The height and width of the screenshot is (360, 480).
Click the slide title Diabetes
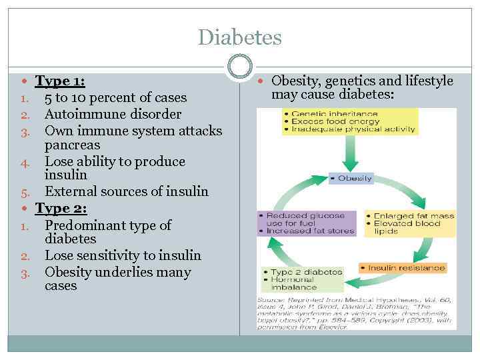(240, 37)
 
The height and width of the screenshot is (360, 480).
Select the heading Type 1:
(60, 81)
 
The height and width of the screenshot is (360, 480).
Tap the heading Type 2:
(61, 208)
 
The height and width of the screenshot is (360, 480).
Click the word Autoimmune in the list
(79, 114)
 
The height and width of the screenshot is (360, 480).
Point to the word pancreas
(72, 145)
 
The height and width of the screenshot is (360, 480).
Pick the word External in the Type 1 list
(69, 191)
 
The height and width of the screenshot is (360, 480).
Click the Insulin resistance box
(402, 268)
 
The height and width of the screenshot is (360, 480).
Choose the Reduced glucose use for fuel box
(307, 219)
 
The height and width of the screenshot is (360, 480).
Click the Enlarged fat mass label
(413, 216)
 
